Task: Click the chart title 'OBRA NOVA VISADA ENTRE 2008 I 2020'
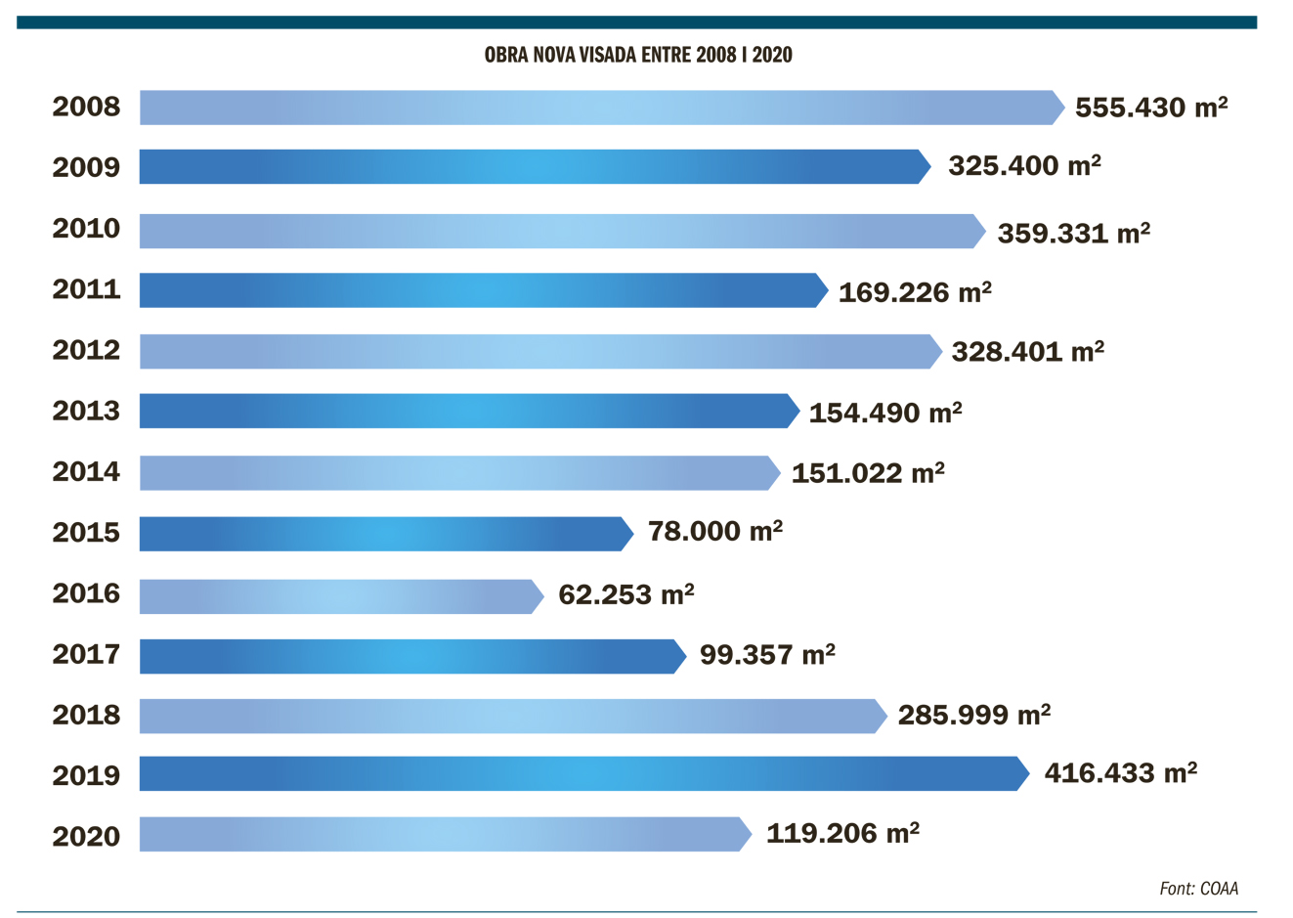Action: (638, 55)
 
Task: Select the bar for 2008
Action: (601, 108)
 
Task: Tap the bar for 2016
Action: (341, 596)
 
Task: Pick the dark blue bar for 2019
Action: (583, 773)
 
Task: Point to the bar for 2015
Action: (386, 534)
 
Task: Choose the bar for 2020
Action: (445, 834)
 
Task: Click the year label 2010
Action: (86, 229)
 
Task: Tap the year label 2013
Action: (86, 412)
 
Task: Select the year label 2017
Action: (86, 654)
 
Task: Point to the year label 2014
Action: (86, 472)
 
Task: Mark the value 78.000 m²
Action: (715, 532)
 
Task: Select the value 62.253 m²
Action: (626, 594)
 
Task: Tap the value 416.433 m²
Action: (1121, 773)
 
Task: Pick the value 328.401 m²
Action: (1028, 351)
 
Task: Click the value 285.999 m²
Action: (974, 715)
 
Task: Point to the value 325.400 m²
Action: (1024, 165)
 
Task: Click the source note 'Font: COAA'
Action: (1198, 889)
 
